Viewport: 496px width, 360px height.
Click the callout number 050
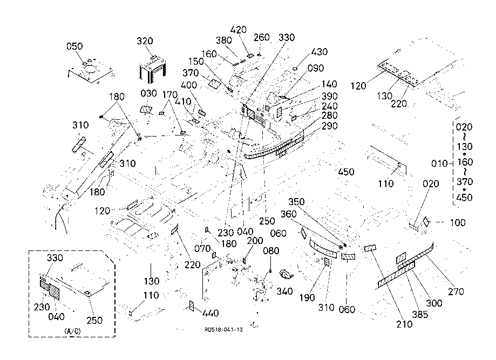74,46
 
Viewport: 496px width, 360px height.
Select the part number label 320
145,41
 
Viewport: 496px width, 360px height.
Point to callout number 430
319,52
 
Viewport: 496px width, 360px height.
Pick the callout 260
261,37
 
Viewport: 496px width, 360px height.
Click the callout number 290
329,126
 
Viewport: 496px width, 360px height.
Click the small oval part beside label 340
286,275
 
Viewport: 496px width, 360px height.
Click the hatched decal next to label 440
191,307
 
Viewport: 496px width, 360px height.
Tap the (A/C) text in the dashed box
72,330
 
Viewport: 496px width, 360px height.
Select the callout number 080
271,251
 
